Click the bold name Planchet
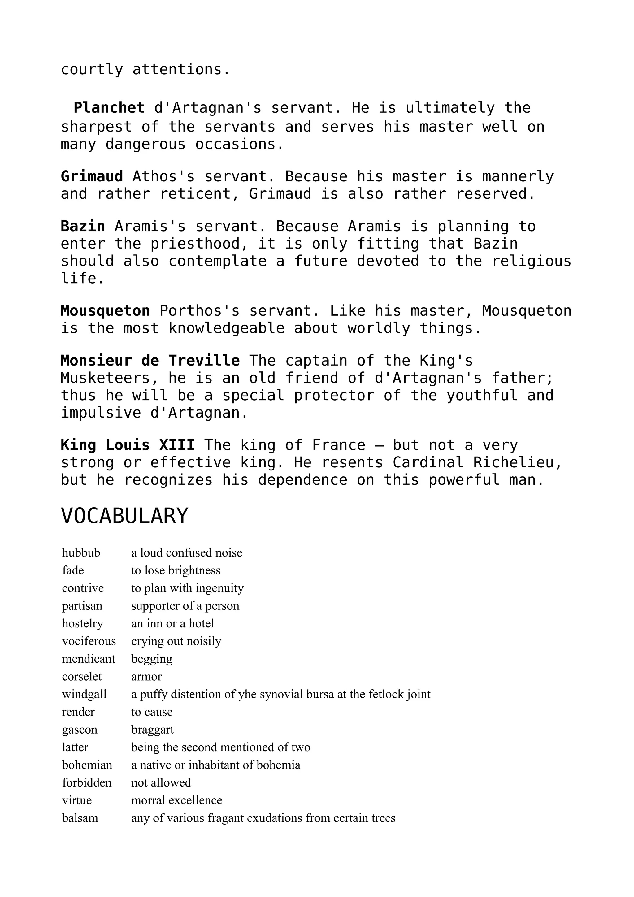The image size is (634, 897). tap(109, 107)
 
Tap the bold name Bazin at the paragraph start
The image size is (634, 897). tap(83, 226)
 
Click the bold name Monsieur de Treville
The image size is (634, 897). tap(150, 360)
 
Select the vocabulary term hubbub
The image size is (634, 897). tap(81, 552)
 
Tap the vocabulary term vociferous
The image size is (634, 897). tap(89, 641)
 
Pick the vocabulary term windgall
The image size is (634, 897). tap(84, 694)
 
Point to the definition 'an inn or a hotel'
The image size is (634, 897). tap(172, 623)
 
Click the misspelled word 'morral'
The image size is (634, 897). tap(145, 800)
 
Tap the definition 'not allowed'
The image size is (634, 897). tap(161, 782)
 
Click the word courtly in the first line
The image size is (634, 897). tap(92, 70)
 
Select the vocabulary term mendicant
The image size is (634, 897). tap(88, 659)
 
